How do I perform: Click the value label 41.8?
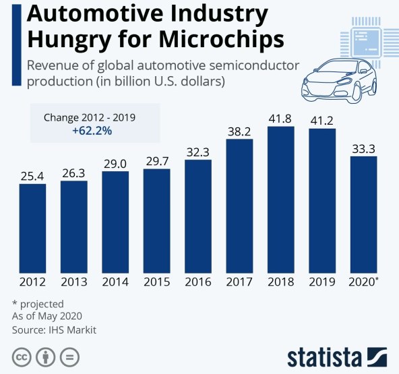(281, 117)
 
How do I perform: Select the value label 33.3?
(363, 148)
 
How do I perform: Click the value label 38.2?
(239, 130)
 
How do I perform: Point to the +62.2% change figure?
(92, 131)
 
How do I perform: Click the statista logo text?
(324, 356)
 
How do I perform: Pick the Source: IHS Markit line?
(54, 330)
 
